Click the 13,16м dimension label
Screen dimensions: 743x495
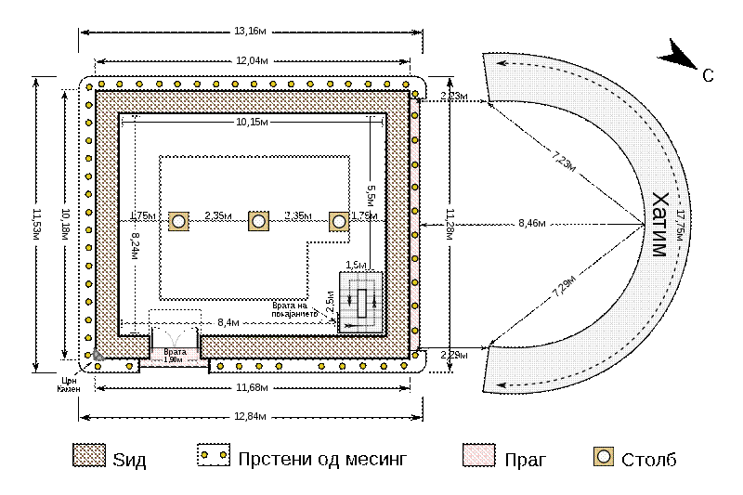pyautogui.click(x=250, y=32)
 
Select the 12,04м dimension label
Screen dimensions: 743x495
pyautogui.click(x=252, y=61)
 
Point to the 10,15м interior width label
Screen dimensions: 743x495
pyautogui.click(x=252, y=122)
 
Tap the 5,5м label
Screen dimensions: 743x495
pyautogui.click(x=371, y=195)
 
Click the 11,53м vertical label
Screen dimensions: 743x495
pyautogui.click(x=35, y=225)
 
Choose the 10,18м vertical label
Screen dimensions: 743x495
pyautogui.click(x=65, y=225)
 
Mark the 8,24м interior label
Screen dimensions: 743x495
pyautogui.click(x=135, y=247)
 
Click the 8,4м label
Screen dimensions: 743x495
pyautogui.click(x=228, y=323)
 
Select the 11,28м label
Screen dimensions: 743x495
pyautogui.click(x=450, y=225)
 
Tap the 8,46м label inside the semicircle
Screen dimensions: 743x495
pyautogui.click(x=532, y=224)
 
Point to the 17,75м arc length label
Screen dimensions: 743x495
pyautogui.click(x=680, y=225)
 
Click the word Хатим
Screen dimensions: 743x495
pyautogui.click(x=659, y=225)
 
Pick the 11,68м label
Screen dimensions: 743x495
pyautogui.click(x=252, y=387)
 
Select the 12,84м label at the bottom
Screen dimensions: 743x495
pyautogui.click(x=250, y=417)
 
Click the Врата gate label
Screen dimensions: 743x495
pyautogui.click(x=175, y=352)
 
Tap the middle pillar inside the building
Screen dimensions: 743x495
pyautogui.click(x=258, y=221)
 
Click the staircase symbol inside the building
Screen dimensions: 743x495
pyautogui.click(x=361, y=302)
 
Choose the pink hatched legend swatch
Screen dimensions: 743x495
pyautogui.click(x=478, y=455)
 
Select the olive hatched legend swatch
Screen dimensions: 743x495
pyautogui.click(x=89, y=455)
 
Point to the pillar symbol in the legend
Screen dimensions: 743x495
pyautogui.click(x=604, y=456)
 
